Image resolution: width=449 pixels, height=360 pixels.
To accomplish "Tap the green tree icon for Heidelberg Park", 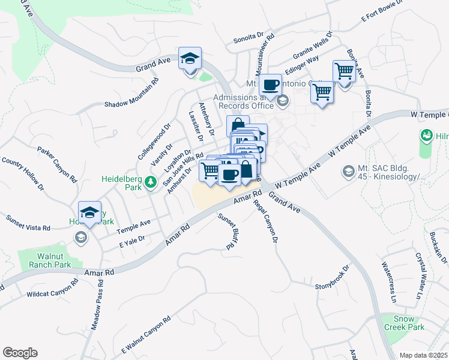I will pos(152,182).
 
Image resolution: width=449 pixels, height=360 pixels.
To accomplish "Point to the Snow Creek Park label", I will pos(409,323).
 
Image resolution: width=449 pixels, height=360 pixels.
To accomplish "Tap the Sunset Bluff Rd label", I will pos(225,232).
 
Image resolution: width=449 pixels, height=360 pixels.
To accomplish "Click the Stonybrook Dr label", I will pos(332,278).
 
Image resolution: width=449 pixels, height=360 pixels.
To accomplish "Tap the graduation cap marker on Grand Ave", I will pos(190,59).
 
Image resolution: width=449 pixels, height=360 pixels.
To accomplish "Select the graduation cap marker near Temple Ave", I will pos(90,212).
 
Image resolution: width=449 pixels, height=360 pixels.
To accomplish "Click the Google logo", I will pos(20,353).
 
